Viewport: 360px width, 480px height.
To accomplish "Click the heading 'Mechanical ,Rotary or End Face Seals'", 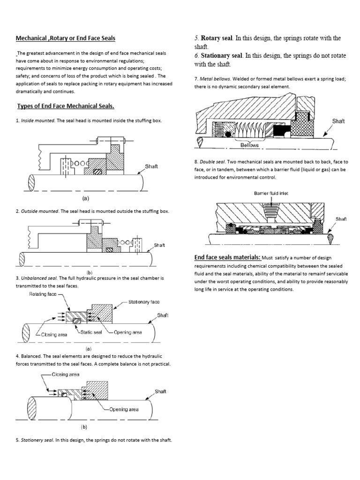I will pyautogui.click(x=66, y=38).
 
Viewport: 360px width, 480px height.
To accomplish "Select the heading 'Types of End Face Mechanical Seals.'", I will pyautogui.click(x=66, y=106).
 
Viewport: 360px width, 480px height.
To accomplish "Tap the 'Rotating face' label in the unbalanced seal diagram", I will pyautogui.click(x=44, y=294).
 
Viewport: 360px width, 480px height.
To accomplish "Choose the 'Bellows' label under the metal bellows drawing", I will pyautogui.click(x=249, y=145).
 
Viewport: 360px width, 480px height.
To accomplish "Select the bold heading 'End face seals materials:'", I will pyautogui.click(x=227, y=257).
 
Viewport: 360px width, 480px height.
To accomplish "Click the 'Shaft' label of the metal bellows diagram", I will pyautogui.click(x=338, y=121).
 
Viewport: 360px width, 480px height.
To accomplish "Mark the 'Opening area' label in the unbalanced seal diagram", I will pyautogui.click(x=128, y=332).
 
